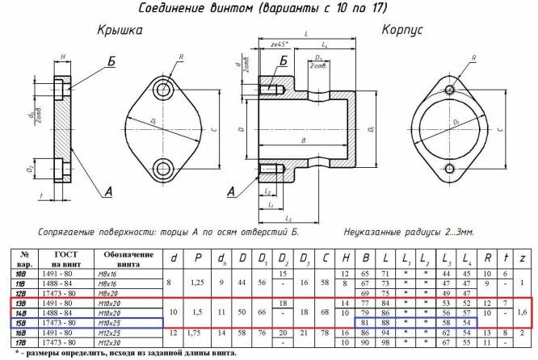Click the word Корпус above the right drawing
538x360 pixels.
pos(404,30)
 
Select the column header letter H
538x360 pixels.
pos(345,259)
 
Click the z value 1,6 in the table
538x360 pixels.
pos(523,312)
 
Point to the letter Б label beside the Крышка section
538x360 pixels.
pos(111,61)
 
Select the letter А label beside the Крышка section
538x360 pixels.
pos(107,191)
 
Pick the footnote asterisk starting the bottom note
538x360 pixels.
pos(18,353)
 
